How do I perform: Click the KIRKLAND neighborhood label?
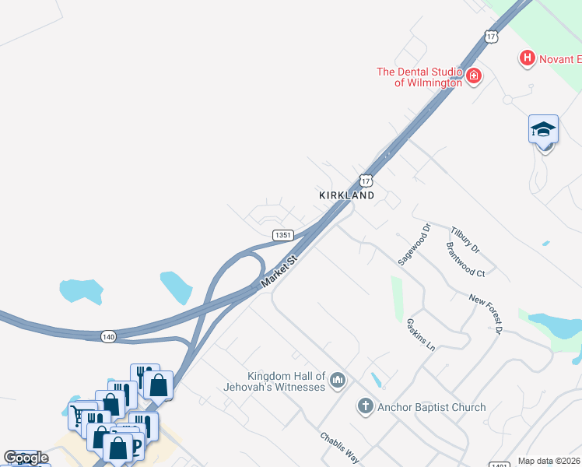(x=346, y=195)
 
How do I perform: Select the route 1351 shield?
(x=282, y=235)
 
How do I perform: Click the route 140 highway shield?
(x=108, y=336)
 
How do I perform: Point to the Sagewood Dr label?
(x=415, y=246)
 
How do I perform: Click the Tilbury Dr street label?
(x=465, y=240)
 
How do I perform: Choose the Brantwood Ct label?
(x=465, y=259)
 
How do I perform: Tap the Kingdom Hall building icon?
(x=337, y=380)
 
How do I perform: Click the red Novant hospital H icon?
(x=528, y=58)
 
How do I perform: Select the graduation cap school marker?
(x=543, y=129)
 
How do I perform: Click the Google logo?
(x=26, y=458)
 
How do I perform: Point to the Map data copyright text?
(x=549, y=462)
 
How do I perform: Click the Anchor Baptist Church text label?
(x=431, y=407)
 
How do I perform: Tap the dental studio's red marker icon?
(x=473, y=76)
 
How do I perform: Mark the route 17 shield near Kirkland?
(x=365, y=180)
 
